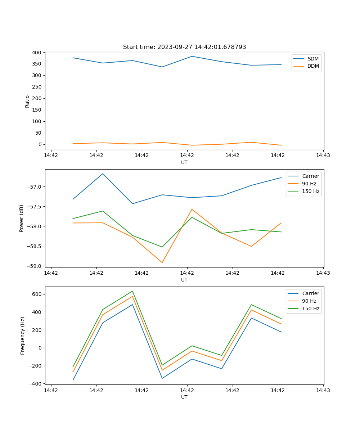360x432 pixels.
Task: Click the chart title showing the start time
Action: (184, 47)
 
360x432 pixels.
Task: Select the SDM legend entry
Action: (313, 59)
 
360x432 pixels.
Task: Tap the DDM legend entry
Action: (313, 66)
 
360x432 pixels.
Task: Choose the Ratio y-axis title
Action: (27, 101)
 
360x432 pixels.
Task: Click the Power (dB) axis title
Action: (22, 218)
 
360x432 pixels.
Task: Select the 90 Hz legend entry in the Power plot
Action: (309, 184)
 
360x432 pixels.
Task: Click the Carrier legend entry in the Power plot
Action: (310, 176)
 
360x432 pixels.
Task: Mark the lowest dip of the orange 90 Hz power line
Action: (162, 262)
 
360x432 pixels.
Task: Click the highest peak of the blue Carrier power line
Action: (103, 174)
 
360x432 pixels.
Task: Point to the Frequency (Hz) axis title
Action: (23, 336)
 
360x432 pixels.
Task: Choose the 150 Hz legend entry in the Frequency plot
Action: (311, 309)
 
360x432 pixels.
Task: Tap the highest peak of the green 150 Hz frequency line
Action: (132, 291)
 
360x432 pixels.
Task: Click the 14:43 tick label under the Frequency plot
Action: (323, 390)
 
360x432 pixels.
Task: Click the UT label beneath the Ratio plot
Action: (184, 162)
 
